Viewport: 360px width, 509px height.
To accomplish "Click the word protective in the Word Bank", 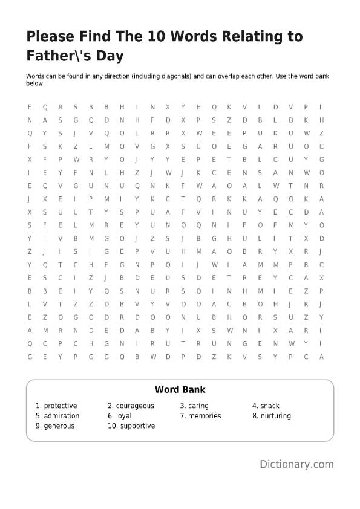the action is click(60, 406).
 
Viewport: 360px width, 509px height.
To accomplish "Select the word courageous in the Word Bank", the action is click(135, 406).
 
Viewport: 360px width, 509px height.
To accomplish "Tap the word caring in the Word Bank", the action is click(198, 406).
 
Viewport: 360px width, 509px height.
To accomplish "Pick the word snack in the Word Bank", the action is click(270, 406).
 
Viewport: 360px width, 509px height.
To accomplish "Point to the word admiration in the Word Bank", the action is click(61, 416).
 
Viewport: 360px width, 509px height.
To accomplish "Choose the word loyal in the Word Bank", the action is click(123, 416).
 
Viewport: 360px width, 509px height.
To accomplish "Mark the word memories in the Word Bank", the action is click(205, 416).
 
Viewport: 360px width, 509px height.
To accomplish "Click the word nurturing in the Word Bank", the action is click(275, 416).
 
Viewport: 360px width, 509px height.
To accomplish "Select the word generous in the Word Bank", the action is click(59, 426).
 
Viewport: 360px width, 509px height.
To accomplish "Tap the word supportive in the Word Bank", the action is click(137, 426).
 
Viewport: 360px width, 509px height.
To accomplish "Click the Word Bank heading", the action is click(180, 390).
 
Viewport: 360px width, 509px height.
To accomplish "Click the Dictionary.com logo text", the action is click(296, 464).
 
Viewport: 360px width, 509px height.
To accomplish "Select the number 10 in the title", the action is click(157, 37).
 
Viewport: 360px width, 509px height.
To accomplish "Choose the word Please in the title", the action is click(49, 37).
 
